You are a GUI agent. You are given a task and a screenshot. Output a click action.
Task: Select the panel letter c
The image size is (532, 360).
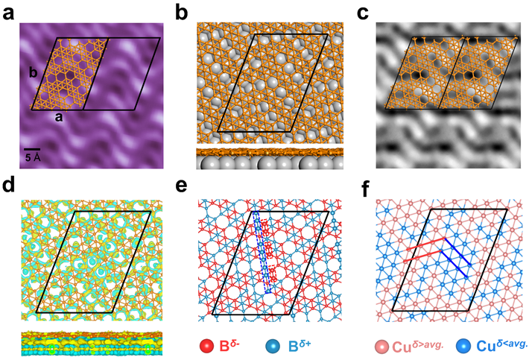tap(363, 13)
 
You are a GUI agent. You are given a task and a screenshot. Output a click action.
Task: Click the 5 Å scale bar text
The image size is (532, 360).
tap(32, 158)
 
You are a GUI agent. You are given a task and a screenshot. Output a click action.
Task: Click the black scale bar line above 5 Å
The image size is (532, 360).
tap(32, 150)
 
